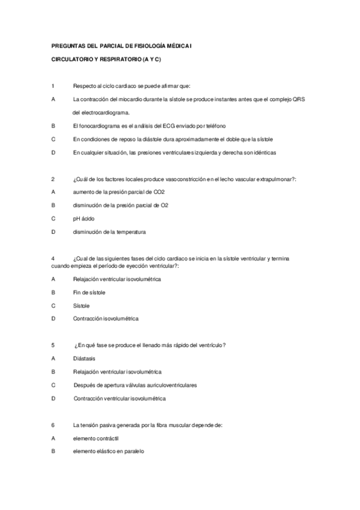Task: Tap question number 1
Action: point(53,86)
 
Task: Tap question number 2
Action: point(53,179)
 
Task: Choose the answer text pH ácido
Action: point(84,218)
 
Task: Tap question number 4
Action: point(53,258)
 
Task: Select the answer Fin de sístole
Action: point(89,292)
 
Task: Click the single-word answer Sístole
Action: point(81,306)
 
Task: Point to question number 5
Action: point(53,345)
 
